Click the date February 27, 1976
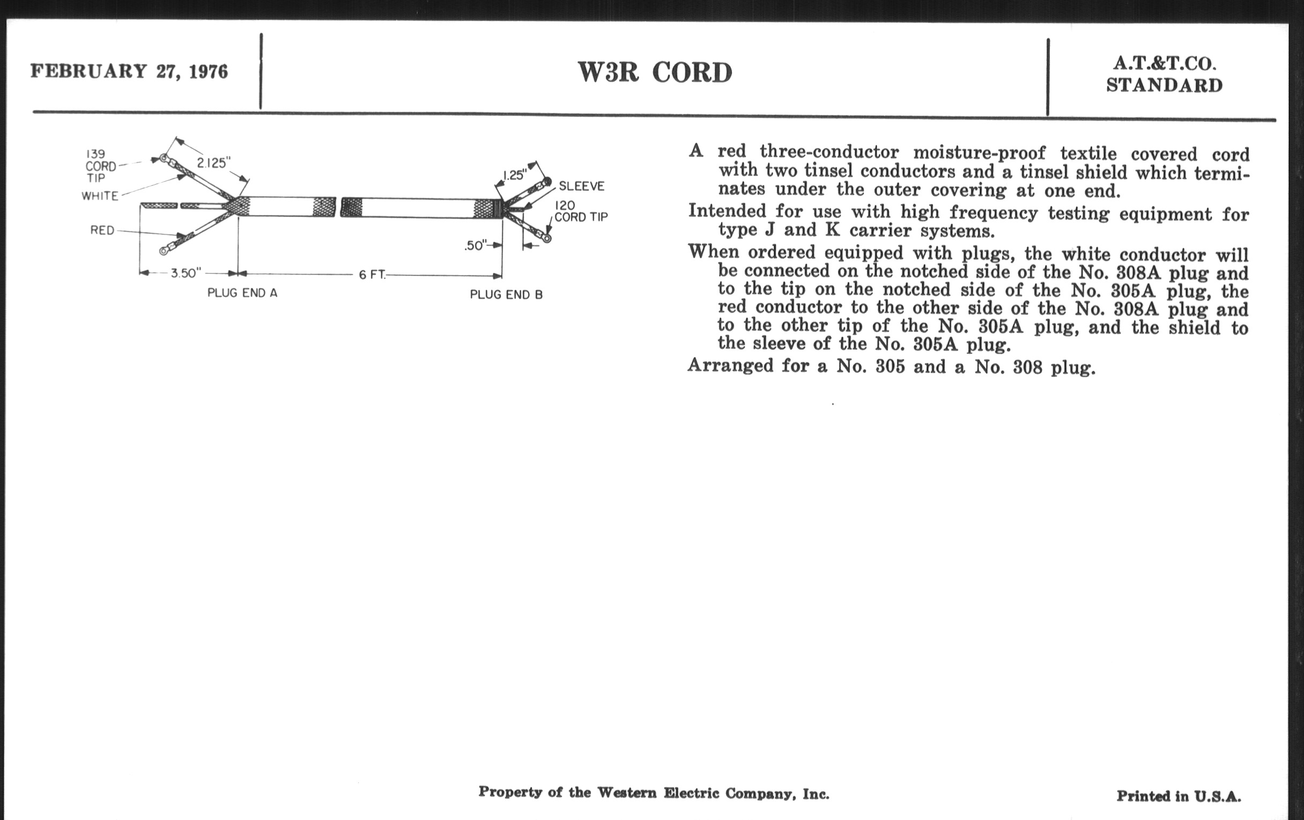129,71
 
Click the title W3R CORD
655,72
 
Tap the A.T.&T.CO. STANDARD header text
1164,74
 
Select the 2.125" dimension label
213,163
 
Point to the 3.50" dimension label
186,273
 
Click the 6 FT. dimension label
372,275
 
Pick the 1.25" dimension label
514,175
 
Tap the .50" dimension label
475,245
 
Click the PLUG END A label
242,293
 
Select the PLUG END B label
506,294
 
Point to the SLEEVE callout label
581,186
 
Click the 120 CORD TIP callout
580,212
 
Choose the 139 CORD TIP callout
101,166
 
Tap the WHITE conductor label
100,196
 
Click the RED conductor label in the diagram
102,230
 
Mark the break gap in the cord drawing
338,207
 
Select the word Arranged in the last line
730,366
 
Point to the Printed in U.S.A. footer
1179,796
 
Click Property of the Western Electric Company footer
654,793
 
